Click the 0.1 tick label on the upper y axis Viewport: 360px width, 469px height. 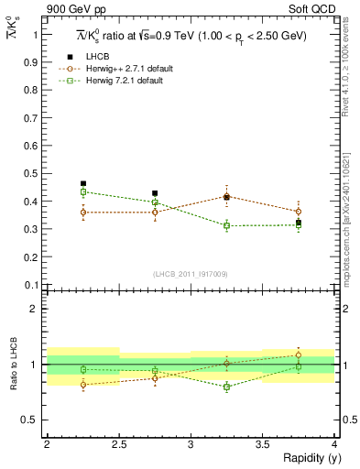pyautogui.click(x=35, y=285)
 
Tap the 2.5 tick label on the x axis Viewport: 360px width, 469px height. pyautogui.click(x=118, y=443)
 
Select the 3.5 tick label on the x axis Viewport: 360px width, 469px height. pyautogui.click(x=263, y=443)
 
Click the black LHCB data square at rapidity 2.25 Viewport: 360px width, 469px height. pyautogui.click(x=83, y=184)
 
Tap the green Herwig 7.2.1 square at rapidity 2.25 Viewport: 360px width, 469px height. pyautogui.click(x=83, y=191)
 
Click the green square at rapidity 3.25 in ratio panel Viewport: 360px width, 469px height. pyautogui.click(x=227, y=387)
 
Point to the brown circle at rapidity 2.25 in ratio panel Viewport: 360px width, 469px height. pyautogui.click(x=83, y=385)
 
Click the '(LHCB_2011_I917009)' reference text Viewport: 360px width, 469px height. pyautogui.click(x=191, y=274)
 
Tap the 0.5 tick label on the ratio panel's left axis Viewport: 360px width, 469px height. pyautogui.click(x=35, y=420)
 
